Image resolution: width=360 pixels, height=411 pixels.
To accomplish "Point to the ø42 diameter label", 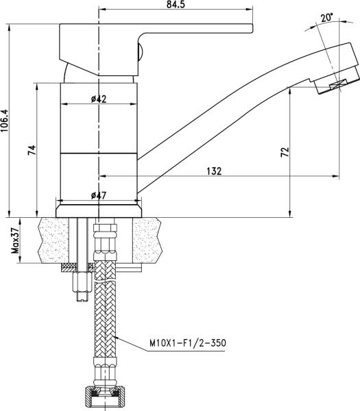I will (x=99, y=99).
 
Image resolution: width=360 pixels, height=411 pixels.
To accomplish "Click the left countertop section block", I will (x=58, y=240).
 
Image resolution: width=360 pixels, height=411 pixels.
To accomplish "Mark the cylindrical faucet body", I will (x=99, y=137).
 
